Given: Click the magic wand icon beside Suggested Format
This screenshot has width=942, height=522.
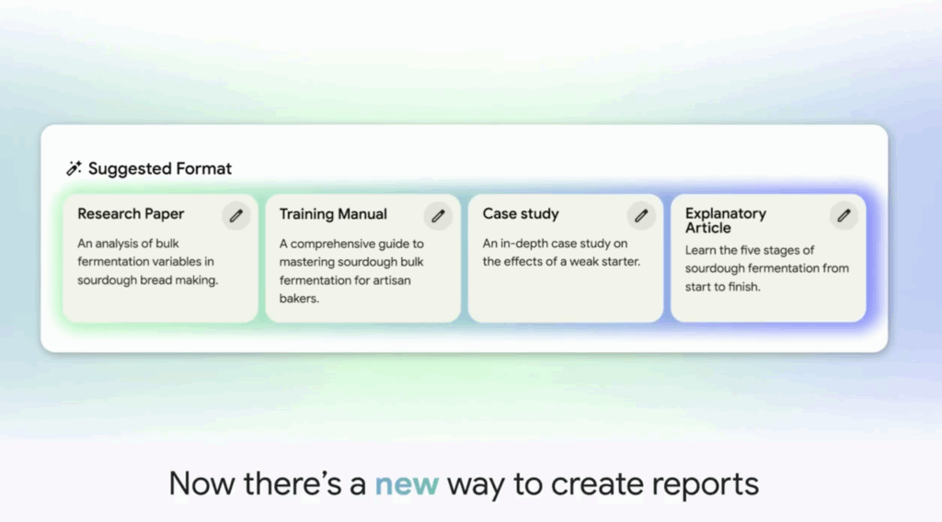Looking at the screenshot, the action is pyautogui.click(x=74, y=168).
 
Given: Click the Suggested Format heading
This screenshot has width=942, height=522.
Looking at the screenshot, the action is pyautogui.click(x=160, y=168).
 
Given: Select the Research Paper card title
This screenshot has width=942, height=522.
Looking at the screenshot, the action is pyautogui.click(x=131, y=213).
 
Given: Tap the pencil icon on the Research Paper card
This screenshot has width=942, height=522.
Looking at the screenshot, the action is pyautogui.click(x=236, y=215).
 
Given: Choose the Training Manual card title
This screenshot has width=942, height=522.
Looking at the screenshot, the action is pyautogui.click(x=333, y=214).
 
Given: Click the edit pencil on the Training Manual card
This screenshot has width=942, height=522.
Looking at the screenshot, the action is pyautogui.click(x=438, y=215).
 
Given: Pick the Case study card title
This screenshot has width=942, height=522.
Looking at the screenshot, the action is pyautogui.click(x=521, y=213).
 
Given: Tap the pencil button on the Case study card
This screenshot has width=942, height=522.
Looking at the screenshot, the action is pyautogui.click(x=641, y=215).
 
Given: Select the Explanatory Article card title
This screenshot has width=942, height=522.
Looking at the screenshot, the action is pyautogui.click(x=726, y=221).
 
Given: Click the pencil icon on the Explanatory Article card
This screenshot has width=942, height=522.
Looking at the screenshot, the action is pyautogui.click(x=844, y=215).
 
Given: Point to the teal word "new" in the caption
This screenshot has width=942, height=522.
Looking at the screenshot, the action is pyautogui.click(x=407, y=484).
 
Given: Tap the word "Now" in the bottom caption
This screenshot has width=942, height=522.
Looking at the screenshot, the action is pyautogui.click(x=201, y=483).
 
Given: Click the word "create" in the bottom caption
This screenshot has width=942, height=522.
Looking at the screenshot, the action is pyautogui.click(x=597, y=484).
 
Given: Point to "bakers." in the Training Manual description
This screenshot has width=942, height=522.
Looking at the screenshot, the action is pyautogui.click(x=299, y=299).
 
